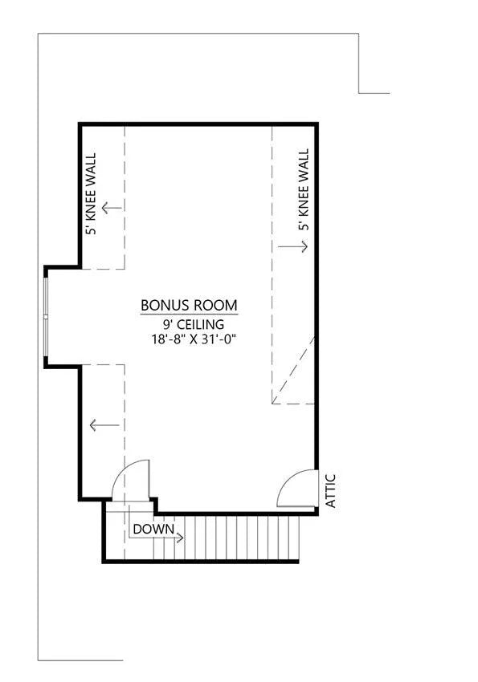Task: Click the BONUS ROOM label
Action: [189, 306]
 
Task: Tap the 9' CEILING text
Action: [190, 324]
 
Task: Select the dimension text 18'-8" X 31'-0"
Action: [190, 339]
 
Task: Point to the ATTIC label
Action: [330, 490]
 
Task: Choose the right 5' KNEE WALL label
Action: [304, 189]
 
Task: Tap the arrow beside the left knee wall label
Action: [112, 207]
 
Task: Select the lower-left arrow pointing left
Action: [103, 425]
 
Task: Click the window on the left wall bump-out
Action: [47, 316]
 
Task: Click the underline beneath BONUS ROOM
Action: [189, 315]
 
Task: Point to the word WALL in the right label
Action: [304, 167]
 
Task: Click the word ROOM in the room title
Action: [218, 306]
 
